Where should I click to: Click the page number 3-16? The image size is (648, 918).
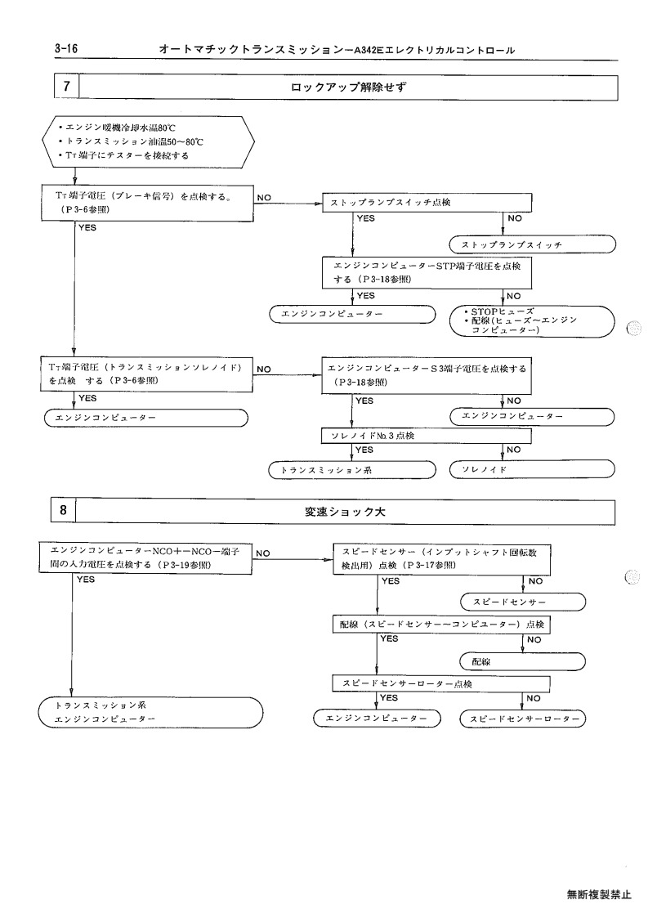66,48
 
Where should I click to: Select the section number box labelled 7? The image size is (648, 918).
66,86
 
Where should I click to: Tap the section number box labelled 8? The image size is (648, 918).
63,511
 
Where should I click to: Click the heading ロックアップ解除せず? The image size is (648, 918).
348,87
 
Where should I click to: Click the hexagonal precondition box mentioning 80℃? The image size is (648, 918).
149,141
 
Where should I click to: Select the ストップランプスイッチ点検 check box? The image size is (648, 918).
427,203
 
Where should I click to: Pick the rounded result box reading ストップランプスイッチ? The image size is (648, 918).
533,244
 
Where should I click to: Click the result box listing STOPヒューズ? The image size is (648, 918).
532,320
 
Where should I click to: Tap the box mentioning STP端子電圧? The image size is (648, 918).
427,272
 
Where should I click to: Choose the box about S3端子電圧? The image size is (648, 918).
427,376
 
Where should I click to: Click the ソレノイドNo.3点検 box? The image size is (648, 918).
427,437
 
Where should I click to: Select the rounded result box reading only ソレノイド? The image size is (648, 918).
532,469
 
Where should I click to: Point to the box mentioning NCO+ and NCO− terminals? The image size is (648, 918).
145,558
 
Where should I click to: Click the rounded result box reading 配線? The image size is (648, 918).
523,661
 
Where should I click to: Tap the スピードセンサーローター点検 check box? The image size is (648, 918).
442,684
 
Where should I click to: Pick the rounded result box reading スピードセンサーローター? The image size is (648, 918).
523,719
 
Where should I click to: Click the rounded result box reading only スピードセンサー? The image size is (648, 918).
523,602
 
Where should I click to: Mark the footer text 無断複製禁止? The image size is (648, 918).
599,894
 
